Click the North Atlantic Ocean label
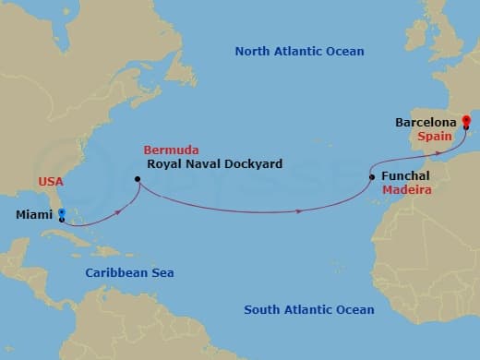299,52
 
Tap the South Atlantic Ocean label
308,310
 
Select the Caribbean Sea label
129,273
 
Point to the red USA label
51,182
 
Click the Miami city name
33,215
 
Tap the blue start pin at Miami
61,213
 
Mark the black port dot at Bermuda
138,179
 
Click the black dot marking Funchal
372,176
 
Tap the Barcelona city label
426,121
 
